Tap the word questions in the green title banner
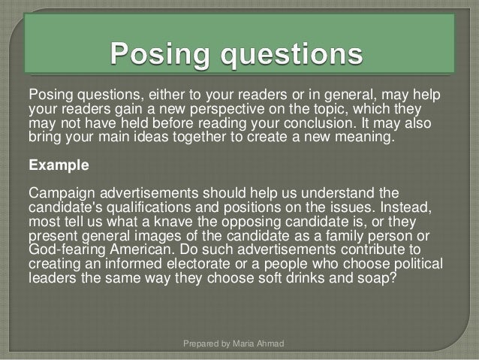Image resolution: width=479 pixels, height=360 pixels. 294,55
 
